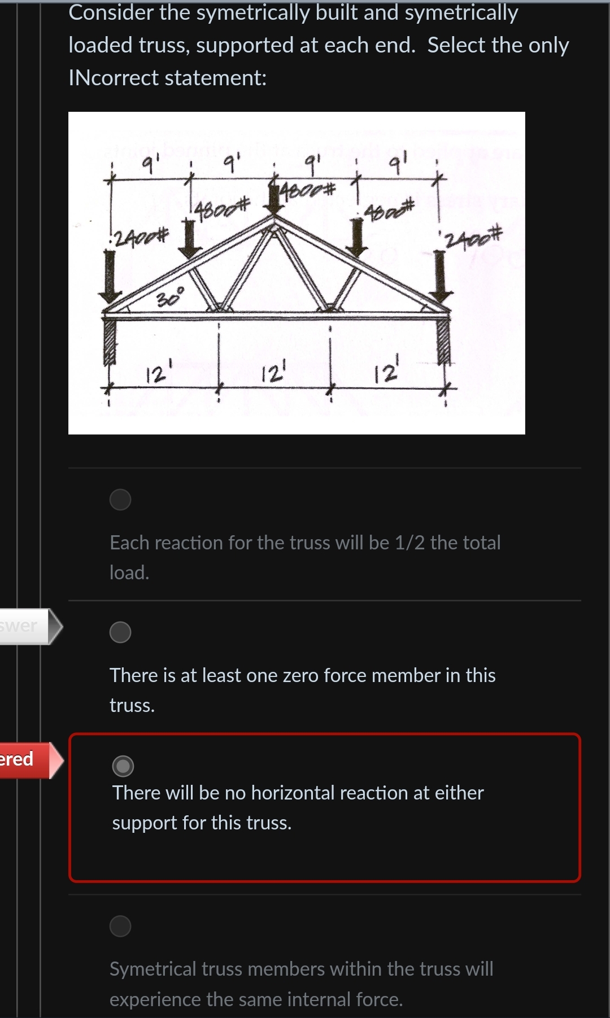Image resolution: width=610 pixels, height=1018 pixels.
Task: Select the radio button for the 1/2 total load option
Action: click(120, 500)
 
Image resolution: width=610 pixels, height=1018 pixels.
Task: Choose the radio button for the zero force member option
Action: click(120, 632)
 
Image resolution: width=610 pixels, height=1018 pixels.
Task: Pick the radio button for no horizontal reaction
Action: click(123, 766)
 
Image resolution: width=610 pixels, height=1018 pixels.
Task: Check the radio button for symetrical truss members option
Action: click(120, 926)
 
